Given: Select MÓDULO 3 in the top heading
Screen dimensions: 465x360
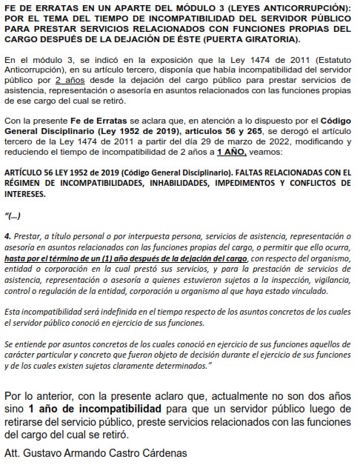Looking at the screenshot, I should point(167,6).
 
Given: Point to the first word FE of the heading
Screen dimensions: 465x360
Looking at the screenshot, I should point(10,6).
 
